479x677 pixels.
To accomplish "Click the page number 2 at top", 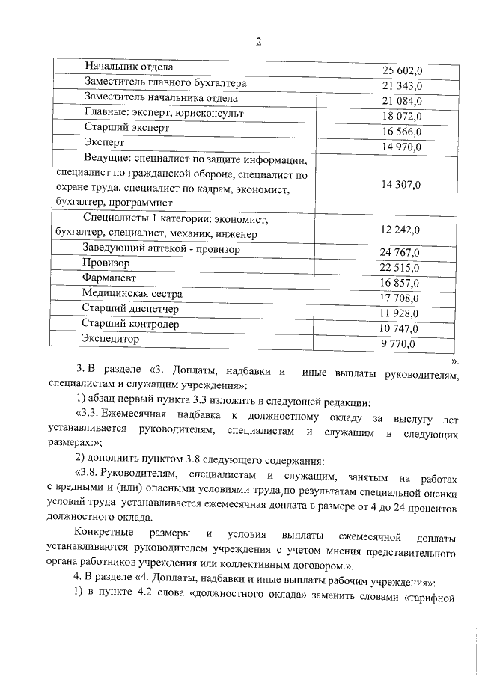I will [258, 42].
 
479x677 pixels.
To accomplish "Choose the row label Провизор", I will [106, 263].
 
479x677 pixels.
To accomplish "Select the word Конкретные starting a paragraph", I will [109, 535].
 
